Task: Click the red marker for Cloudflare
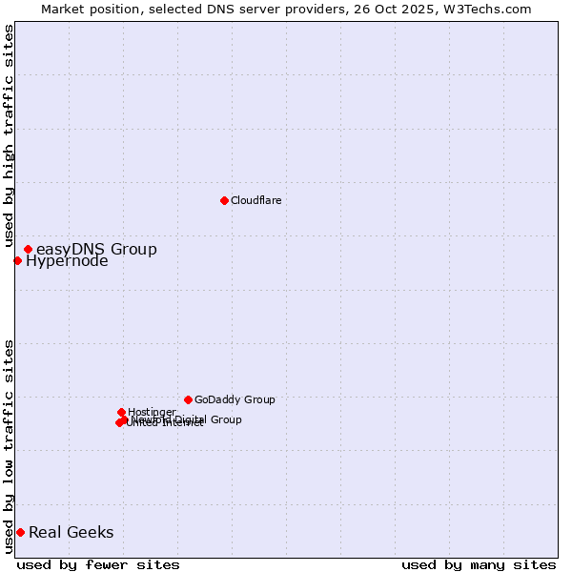click(x=224, y=200)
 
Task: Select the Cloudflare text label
click(x=255, y=200)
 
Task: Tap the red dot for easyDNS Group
click(x=28, y=250)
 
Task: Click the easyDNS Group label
click(x=96, y=250)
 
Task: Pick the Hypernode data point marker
click(x=17, y=260)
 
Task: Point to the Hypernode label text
click(x=67, y=261)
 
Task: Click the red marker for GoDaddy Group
click(x=188, y=399)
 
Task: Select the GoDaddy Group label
click(x=235, y=400)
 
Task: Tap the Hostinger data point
click(x=121, y=412)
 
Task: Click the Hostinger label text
click(x=152, y=413)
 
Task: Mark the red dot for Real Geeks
click(x=20, y=532)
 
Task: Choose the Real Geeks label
click(x=71, y=533)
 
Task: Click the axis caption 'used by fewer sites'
click(x=98, y=564)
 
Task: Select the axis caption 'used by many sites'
click(x=479, y=564)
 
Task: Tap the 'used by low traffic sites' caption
click(x=9, y=446)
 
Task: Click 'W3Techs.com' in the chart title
click(x=491, y=9)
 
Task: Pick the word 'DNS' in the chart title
click(x=208, y=9)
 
